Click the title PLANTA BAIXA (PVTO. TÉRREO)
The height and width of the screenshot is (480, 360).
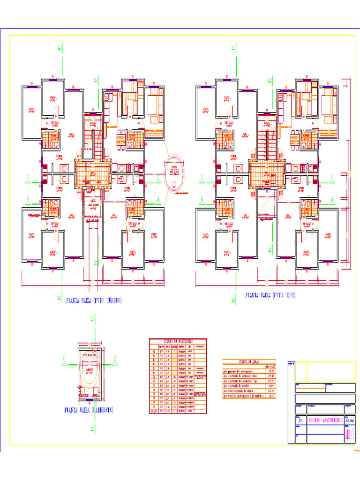pyautogui.click(x=94, y=300)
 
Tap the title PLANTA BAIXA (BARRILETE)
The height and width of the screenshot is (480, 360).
pyautogui.click(x=89, y=410)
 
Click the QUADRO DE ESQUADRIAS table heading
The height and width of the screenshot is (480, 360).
pyautogui.click(x=178, y=341)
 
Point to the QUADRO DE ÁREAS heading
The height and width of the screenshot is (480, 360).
pyautogui.click(x=249, y=361)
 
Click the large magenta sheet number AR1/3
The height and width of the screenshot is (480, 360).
pyautogui.click(x=349, y=435)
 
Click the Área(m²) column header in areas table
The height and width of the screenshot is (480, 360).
pyautogui.click(x=270, y=366)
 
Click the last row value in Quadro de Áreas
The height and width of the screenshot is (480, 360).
pyautogui.click(x=270, y=396)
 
